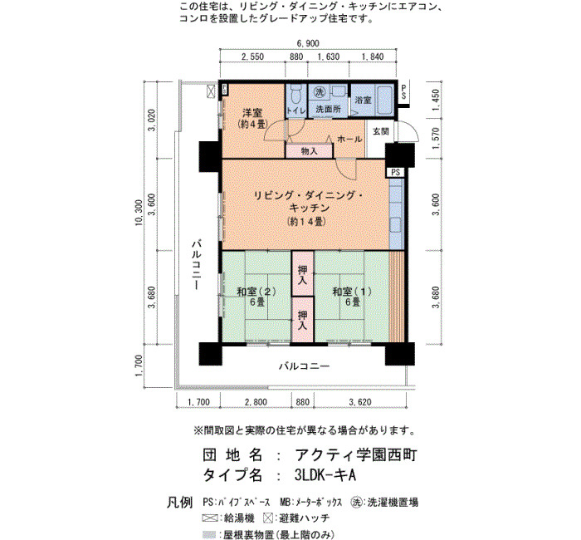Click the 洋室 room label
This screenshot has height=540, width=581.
[x=252, y=111]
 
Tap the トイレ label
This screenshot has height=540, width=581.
[x=296, y=110]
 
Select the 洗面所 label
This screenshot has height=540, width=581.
[x=329, y=110]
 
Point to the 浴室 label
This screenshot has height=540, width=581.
[x=363, y=100]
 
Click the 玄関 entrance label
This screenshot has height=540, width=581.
[x=380, y=131]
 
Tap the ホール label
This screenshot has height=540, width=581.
[x=349, y=139]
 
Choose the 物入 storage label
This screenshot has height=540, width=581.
[x=309, y=151]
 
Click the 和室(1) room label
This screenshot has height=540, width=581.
[x=352, y=292]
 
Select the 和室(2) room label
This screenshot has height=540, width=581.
[x=256, y=292]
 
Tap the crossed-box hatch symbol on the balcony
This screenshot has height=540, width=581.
[x=211, y=91]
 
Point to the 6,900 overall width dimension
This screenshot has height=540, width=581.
[x=308, y=43]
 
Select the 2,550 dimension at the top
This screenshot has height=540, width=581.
[x=252, y=56]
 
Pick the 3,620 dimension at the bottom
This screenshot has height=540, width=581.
[x=359, y=402]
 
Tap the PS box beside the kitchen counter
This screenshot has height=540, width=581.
[x=395, y=173]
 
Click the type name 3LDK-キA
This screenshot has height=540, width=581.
[x=325, y=475]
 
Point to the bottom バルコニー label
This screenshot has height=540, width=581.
[x=305, y=367]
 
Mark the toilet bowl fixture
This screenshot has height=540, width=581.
[x=296, y=94]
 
